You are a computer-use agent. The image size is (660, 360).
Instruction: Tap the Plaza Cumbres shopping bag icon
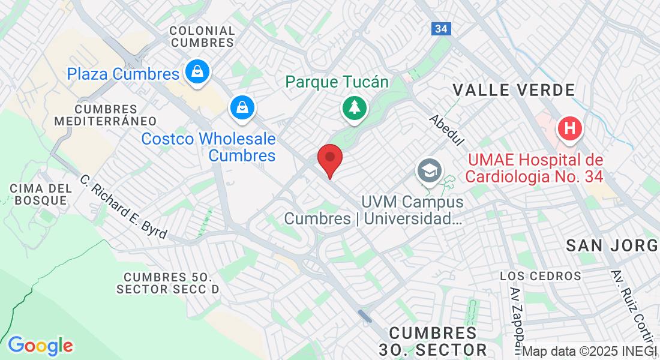coord(196,72)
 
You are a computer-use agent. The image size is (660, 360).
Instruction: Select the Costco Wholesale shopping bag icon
coord(242,108)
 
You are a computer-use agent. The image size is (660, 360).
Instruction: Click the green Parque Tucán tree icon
coord(355,108)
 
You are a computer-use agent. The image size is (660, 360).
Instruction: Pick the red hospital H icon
coord(569,128)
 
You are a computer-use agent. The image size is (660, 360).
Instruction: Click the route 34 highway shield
coord(440,29)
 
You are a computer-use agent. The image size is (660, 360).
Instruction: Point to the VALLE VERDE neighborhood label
coord(514,91)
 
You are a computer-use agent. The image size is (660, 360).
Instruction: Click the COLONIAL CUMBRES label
coord(202,37)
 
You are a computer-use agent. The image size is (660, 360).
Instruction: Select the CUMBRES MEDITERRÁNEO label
coord(106,115)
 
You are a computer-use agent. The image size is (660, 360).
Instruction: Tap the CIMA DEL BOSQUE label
coord(41,194)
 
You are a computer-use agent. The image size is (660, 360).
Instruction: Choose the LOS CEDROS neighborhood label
coord(541,276)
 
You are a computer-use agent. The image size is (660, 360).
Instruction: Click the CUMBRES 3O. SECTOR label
coord(433,341)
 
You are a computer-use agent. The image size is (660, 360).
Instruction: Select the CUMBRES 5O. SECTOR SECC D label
coord(168,283)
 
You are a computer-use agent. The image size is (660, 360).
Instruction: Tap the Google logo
coord(41,346)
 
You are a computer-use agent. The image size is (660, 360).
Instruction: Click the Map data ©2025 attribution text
coord(590,351)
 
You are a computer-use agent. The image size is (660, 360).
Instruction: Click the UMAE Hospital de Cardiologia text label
coord(533,169)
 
